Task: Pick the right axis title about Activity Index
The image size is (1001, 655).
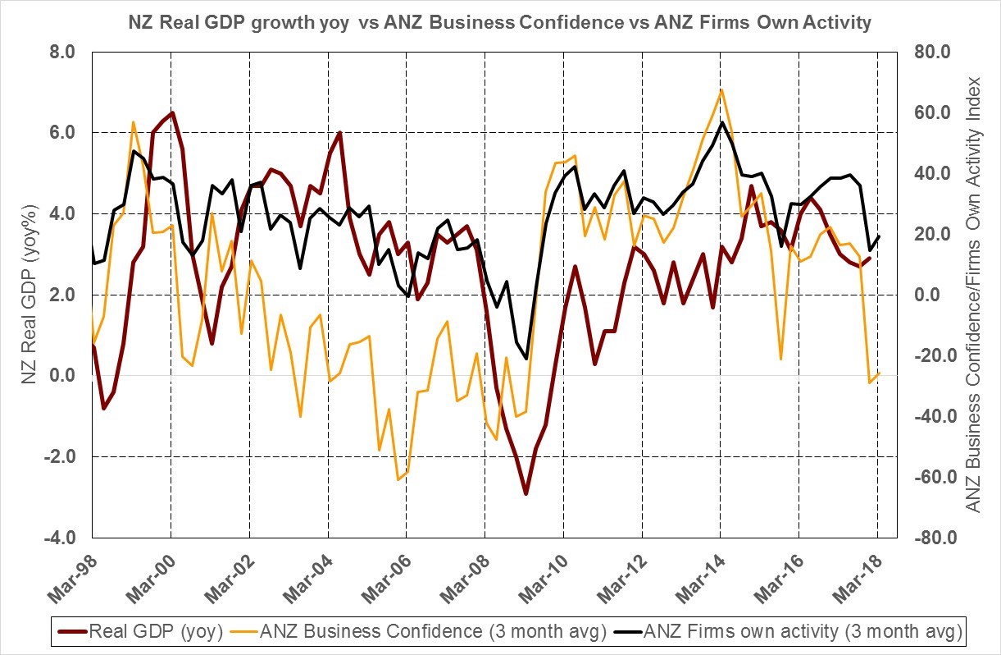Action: [973, 295]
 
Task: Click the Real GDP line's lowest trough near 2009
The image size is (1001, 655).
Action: [526, 493]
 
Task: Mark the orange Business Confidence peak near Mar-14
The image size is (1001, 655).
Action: [721, 89]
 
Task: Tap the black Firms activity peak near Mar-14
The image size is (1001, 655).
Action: [721, 123]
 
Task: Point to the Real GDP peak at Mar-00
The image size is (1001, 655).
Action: [172, 112]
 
